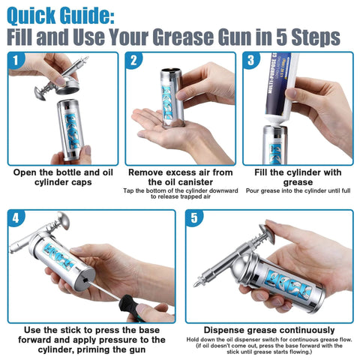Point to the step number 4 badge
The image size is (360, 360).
(x=17, y=219)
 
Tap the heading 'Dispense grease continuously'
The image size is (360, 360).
(x=270, y=330)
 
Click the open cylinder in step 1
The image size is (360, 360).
(x=69, y=127)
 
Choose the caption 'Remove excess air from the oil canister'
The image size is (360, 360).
(x=180, y=176)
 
